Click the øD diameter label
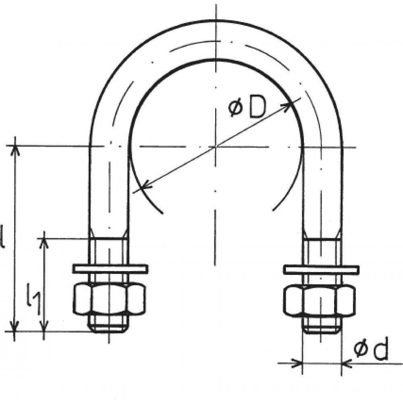tap(247, 108)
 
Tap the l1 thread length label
tap(33, 298)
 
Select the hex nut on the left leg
tap(109, 299)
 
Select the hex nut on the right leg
tap(319, 300)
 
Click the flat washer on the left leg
tap(110, 268)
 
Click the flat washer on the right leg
tap(321, 269)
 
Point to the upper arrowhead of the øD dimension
tap(287, 106)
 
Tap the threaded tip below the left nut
tap(109, 324)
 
